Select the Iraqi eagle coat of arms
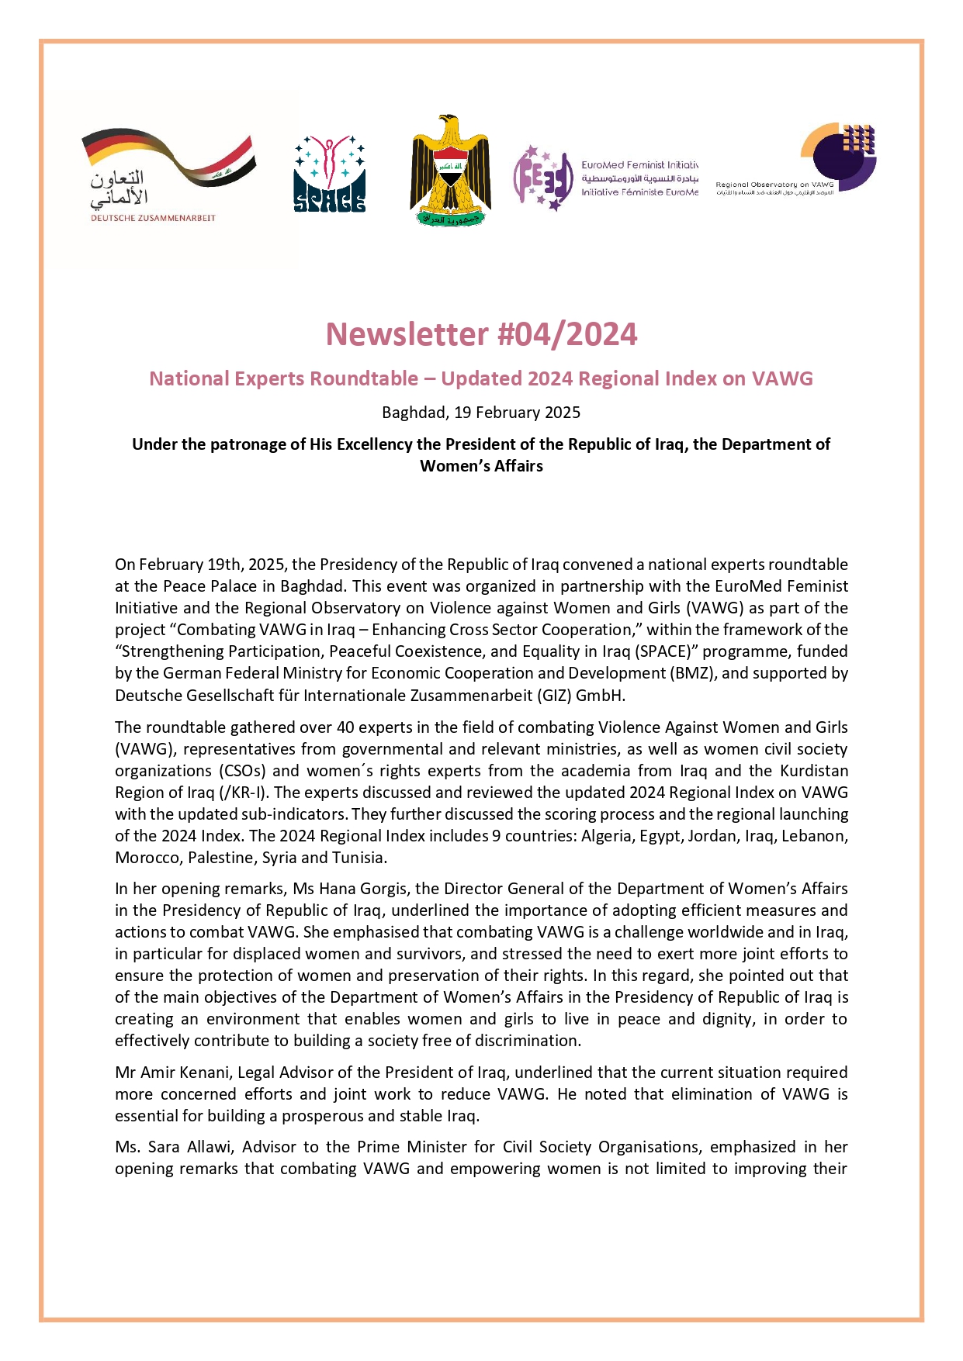click(x=450, y=171)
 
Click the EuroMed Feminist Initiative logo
click(x=604, y=178)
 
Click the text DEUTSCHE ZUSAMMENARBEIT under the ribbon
click(x=153, y=218)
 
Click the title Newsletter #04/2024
click(x=481, y=334)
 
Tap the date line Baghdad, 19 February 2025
click(x=481, y=413)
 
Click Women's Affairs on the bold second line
click(x=481, y=466)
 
